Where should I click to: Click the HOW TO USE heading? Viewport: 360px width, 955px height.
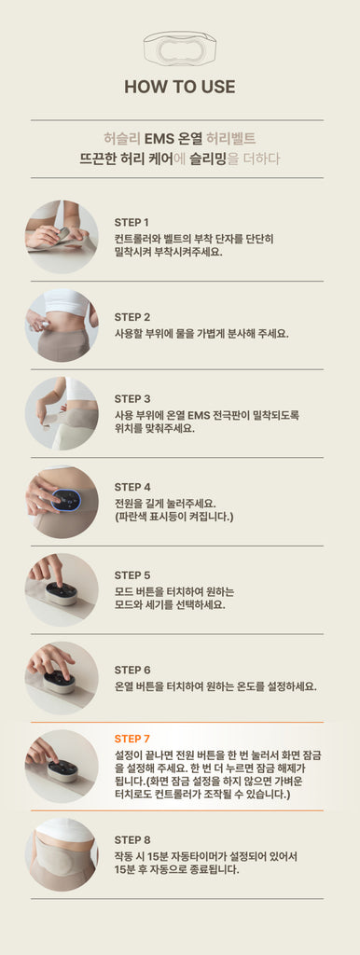click(x=180, y=87)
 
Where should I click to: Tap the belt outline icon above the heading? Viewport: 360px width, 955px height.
click(x=180, y=48)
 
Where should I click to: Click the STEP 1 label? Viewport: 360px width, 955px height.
click(x=132, y=222)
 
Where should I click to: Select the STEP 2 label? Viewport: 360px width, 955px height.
click(x=132, y=317)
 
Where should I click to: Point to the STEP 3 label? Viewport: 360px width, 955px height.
click(x=132, y=399)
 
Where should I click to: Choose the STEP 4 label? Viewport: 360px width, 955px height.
click(x=132, y=487)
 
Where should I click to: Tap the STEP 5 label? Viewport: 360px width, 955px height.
click(x=132, y=575)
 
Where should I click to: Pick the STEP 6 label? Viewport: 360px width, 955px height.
click(x=132, y=670)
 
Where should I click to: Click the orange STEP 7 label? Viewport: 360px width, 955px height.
click(x=132, y=739)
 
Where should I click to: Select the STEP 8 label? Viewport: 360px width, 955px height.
click(x=132, y=840)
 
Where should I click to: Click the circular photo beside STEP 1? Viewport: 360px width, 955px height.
click(x=62, y=236)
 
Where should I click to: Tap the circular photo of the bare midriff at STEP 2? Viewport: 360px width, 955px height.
click(x=62, y=325)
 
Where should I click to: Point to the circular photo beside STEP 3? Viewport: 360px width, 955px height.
click(x=62, y=413)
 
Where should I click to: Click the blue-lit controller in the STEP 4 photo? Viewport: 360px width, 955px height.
click(x=67, y=501)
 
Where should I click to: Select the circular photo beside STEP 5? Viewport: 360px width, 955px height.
click(x=62, y=589)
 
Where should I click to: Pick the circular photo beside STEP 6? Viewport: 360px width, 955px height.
click(x=62, y=678)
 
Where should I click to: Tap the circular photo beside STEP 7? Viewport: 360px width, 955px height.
click(x=62, y=767)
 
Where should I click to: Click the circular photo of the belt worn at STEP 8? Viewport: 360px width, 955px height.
click(x=62, y=854)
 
